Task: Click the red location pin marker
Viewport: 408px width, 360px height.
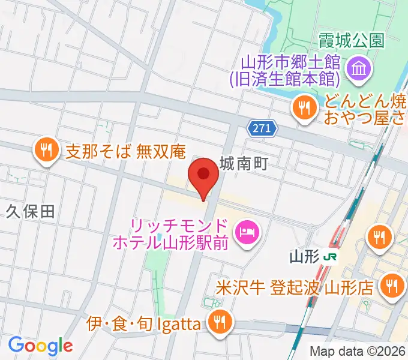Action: click(x=203, y=176)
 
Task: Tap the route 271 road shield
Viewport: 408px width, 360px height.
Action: click(x=262, y=127)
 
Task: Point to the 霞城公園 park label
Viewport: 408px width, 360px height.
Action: click(x=351, y=41)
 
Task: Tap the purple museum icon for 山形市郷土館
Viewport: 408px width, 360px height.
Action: click(x=361, y=70)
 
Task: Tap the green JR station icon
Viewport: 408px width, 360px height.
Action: click(x=329, y=257)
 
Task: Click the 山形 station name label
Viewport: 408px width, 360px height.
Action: click(x=304, y=257)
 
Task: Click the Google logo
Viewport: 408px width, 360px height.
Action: click(x=40, y=346)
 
